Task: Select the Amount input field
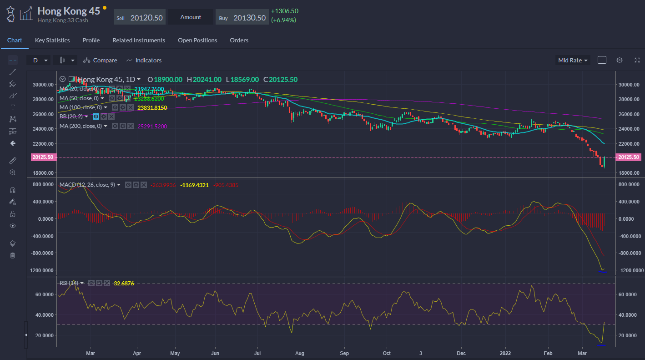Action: click(x=191, y=17)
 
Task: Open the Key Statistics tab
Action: click(x=52, y=40)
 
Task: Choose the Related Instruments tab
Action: click(x=139, y=40)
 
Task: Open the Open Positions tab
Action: click(x=197, y=40)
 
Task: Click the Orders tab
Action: click(x=239, y=40)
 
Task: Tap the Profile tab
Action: click(x=91, y=40)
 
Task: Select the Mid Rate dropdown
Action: click(x=573, y=60)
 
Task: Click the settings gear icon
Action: click(x=619, y=60)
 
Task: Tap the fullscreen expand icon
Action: click(x=637, y=60)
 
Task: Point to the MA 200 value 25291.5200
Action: click(x=152, y=126)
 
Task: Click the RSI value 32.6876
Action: click(x=124, y=283)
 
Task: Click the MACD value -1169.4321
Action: click(x=194, y=185)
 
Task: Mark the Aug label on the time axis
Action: click(x=299, y=353)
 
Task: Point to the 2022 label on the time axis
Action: click(x=505, y=353)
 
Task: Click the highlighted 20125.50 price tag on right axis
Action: click(x=628, y=157)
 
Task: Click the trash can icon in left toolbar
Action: click(x=13, y=255)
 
